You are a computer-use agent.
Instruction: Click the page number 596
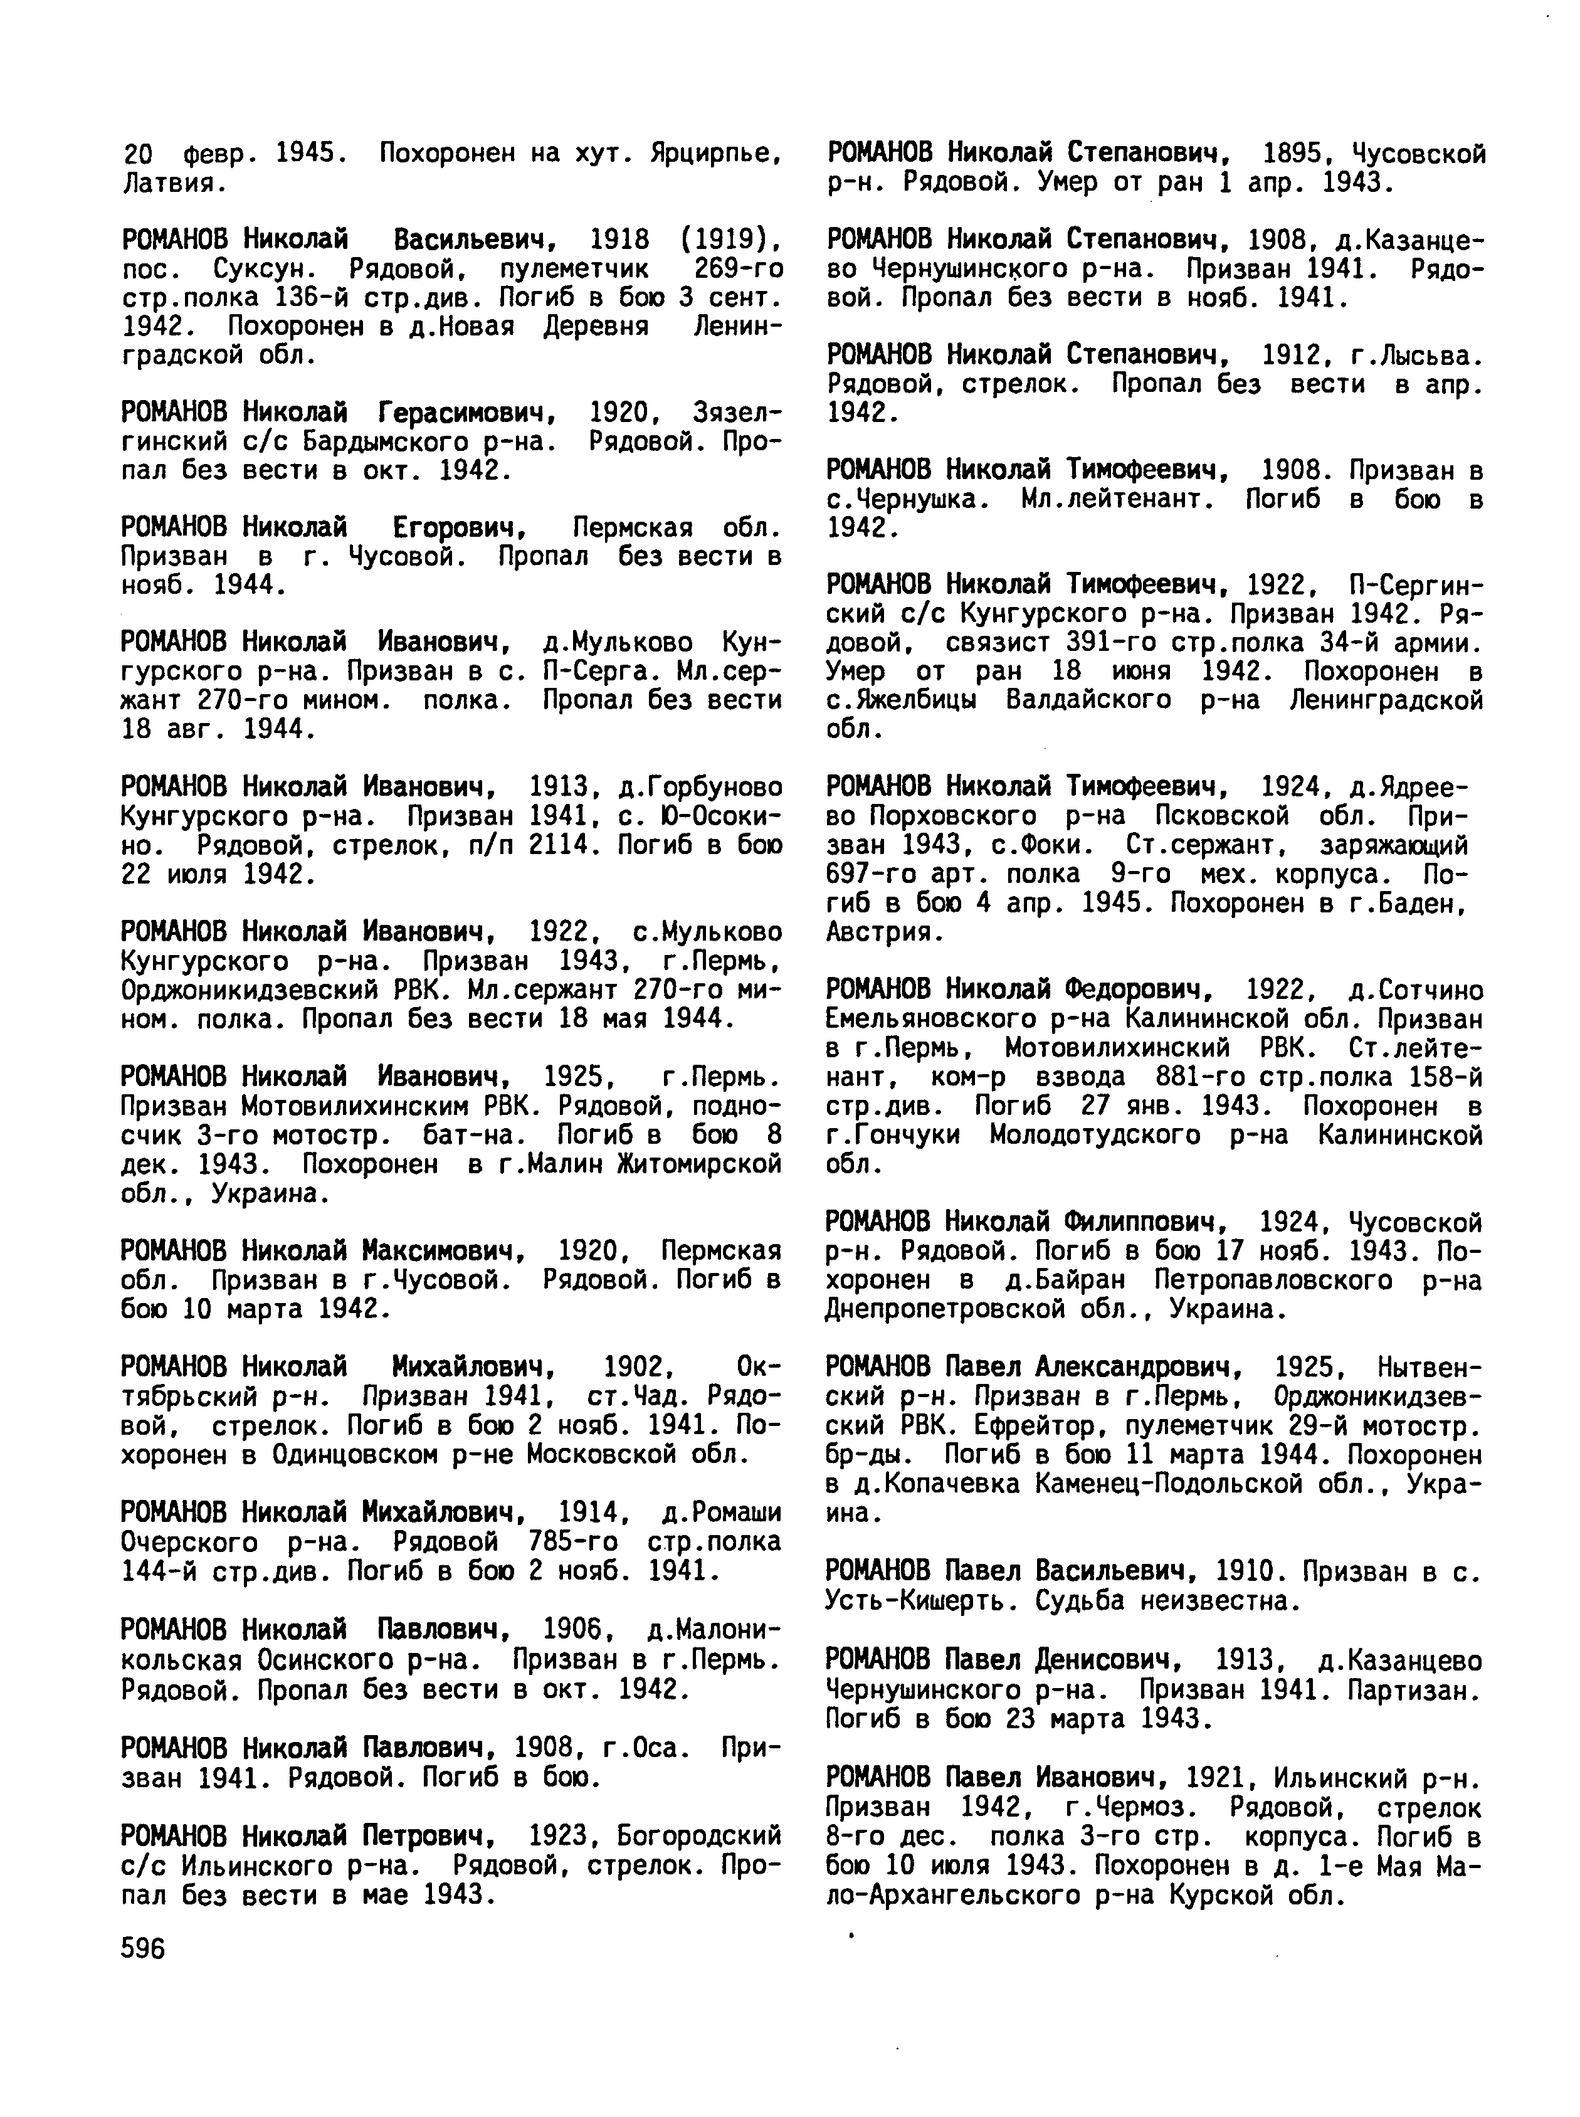coord(144,1949)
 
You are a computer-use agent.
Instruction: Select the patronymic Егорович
coord(461,527)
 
